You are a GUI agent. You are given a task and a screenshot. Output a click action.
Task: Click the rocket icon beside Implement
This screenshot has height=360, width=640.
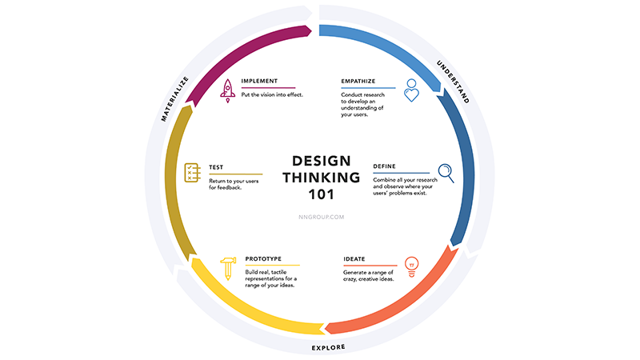tap(226, 88)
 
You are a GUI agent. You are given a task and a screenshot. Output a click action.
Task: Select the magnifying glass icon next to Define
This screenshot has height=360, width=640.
tap(445, 172)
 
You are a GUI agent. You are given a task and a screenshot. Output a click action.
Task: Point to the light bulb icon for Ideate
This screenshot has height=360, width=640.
tap(413, 264)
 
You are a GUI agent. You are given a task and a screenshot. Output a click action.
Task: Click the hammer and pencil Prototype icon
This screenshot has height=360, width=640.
tap(228, 268)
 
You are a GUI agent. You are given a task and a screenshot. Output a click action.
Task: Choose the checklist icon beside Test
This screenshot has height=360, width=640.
tap(192, 172)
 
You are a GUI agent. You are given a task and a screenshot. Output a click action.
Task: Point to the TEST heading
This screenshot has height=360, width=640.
tap(216, 168)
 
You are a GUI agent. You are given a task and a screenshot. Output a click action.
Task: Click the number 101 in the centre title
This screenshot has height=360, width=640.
tap(320, 194)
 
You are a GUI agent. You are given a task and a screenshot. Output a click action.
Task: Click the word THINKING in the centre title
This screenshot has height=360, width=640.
tap(320, 177)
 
